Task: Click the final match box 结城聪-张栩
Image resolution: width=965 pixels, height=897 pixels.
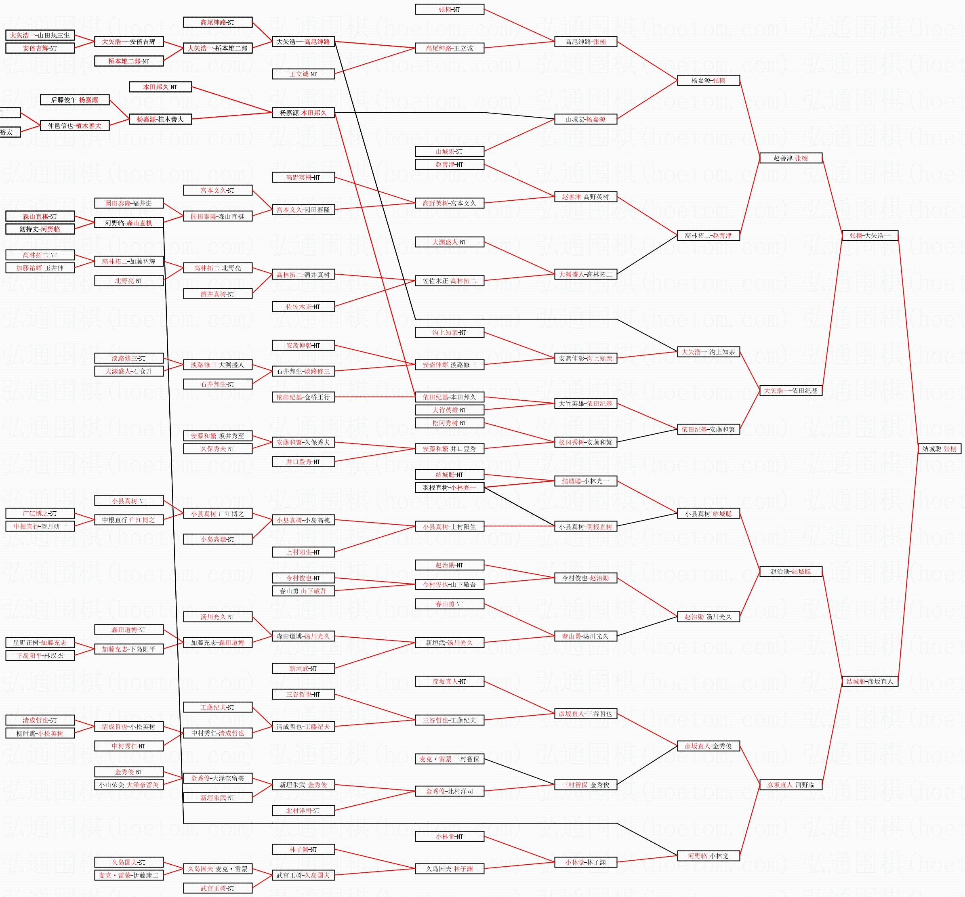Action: point(939,449)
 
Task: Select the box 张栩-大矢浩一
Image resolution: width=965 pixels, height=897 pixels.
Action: point(869,236)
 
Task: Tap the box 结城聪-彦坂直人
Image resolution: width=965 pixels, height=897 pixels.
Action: point(869,681)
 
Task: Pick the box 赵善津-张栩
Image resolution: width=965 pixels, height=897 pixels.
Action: point(790,158)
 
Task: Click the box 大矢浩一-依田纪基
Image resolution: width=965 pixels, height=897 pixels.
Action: point(790,391)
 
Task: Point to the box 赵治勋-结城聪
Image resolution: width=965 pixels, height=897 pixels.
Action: point(790,572)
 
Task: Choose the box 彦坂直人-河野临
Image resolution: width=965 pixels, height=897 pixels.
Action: point(790,785)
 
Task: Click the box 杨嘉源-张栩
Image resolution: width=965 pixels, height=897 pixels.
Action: point(708,81)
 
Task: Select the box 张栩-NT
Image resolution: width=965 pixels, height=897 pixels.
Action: point(450,10)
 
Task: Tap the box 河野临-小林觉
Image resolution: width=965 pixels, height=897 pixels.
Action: point(708,856)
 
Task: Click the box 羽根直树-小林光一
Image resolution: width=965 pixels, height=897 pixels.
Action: point(450,488)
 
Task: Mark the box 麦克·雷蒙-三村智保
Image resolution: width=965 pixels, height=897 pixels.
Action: point(450,759)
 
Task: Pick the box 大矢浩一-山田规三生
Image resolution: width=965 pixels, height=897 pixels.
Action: point(40,36)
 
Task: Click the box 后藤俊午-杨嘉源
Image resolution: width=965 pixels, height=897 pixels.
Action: point(75,100)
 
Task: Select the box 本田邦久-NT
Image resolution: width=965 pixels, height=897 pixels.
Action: point(160,87)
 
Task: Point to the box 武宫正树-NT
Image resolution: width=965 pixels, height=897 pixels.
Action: point(217,888)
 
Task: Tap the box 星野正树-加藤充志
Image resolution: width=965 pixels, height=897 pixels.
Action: point(40,643)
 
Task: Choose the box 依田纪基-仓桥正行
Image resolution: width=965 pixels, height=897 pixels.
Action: point(303,397)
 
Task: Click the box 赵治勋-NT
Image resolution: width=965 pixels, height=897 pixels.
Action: point(450,565)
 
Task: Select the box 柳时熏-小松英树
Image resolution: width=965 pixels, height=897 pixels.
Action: point(40,733)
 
